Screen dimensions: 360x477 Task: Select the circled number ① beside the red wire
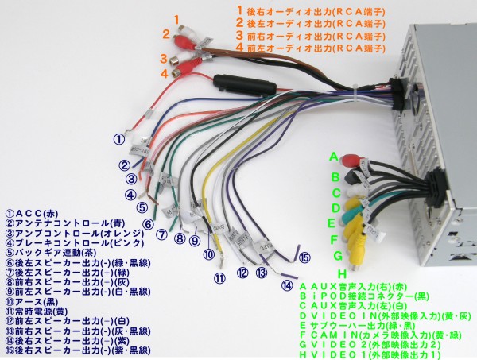[x=118, y=139]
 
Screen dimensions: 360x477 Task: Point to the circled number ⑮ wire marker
[x=304, y=257]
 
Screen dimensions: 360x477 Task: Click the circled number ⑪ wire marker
[x=219, y=277]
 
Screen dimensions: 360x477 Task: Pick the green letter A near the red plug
[x=334, y=156]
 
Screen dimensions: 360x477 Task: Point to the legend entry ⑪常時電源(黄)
[x=39, y=311]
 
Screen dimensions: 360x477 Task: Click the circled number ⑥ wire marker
[x=148, y=225]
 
